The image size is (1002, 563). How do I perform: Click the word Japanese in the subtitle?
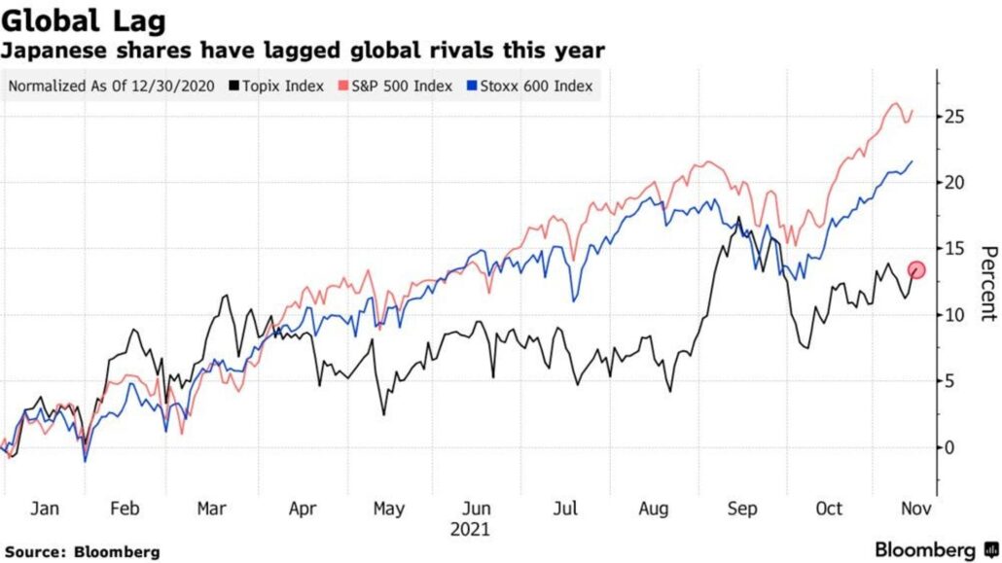click(x=50, y=49)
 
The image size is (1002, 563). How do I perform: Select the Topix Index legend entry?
click(x=283, y=86)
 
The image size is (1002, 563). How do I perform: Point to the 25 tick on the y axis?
click(x=956, y=117)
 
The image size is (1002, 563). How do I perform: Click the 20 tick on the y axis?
click(x=956, y=183)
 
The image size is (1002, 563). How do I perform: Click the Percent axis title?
click(x=987, y=283)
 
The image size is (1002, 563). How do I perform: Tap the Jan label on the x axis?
click(x=45, y=509)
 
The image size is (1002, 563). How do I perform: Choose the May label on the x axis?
click(x=389, y=509)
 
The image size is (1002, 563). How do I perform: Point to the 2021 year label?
click(x=471, y=530)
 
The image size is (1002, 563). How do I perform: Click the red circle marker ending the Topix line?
click(x=915, y=270)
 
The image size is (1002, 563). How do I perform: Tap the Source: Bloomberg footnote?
click(x=82, y=551)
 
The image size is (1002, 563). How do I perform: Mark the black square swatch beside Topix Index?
click(x=234, y=86)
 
